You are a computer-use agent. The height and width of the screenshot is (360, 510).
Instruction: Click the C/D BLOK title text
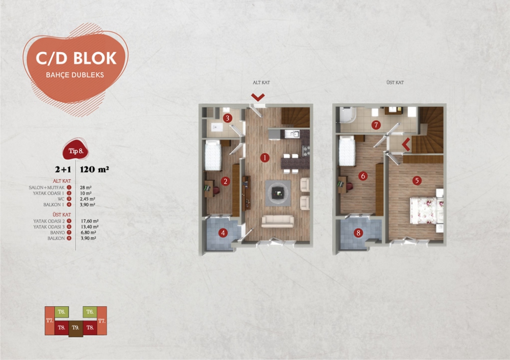(x=76, y=58)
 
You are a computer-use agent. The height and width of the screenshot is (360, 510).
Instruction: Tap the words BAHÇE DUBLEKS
(x=76, y=74)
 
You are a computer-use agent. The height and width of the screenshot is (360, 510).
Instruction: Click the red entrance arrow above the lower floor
(x=258, y=97)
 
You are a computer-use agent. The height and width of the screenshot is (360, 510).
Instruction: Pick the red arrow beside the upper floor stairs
(x=406, y=144)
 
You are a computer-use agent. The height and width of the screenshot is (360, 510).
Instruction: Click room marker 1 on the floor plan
(x=264, y=158)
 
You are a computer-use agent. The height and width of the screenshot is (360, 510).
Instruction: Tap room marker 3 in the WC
(x=228, y=118)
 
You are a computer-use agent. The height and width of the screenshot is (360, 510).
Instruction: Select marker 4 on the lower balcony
(x=223, y=234)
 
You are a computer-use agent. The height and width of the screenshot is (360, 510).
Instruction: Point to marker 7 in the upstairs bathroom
(x=376, y=124)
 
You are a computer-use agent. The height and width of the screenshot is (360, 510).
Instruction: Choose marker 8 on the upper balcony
(x=359, y=234)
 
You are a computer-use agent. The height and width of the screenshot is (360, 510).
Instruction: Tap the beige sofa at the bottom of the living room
(x=277, y=221)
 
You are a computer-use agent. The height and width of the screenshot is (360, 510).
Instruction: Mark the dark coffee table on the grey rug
(x=277, y=192)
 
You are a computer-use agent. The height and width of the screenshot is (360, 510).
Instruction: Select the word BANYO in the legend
(x=57, y=232)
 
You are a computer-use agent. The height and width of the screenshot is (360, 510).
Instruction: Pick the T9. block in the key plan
(x=75, y=327)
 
